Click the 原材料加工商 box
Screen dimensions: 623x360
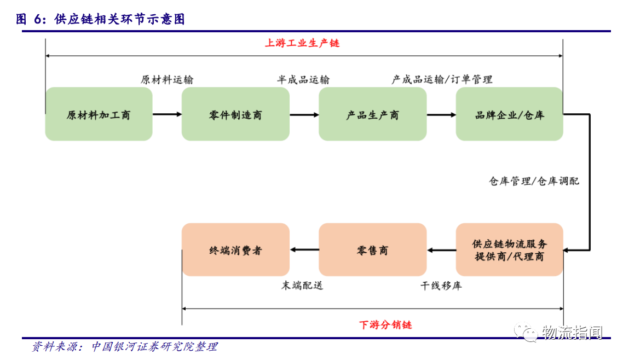pyautogui.click(x=99, y=114)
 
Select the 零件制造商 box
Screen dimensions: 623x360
pyautogui.click(x=235, y=114)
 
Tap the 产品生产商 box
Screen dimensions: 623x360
pyautogui.click(x=373, y=114)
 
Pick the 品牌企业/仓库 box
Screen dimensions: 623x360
pyautogui.click(x=509, y=114)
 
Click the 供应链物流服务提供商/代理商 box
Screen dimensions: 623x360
pyautogui.click(x=509, y=249)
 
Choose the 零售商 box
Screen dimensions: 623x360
pyautogui.click(x=373, y=249)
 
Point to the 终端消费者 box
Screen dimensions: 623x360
pyautogui.click(x=235, y=249)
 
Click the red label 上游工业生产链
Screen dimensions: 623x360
pyautogui.click(x=302, y=43)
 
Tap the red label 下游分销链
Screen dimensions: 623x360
pyautogui.click(x=385, y=324)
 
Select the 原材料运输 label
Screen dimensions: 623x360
pyautogui.click(x=167, y=80)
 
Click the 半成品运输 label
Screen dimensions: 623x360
pyautogui.click(x=303, y=80)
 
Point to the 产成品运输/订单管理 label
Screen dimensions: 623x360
pyautogui.click(x=442, y=80)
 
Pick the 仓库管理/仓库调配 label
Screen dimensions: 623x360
pyautogui.click(x=534, y=181)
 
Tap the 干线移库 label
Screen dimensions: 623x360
pyautogui.click(x=441, y=286)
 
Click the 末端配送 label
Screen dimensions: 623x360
pyautogui.click(x=302, y=286)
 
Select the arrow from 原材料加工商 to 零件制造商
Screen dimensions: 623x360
pyautogui.click(x=168, y=114)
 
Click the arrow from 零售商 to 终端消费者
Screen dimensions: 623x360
pyautogui.click(x=304, y=249)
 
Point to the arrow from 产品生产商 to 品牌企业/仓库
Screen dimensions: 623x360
pyautogui.click(x=441, y=115)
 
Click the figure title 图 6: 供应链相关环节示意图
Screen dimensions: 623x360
pyautogui.click(x=100, y=19)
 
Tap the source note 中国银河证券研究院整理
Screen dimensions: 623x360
pyautogui.click(x=154, y=346)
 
